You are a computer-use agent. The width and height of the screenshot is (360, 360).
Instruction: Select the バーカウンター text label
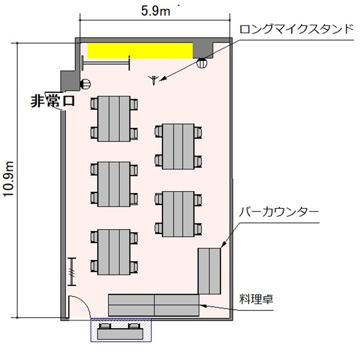pos(278,211)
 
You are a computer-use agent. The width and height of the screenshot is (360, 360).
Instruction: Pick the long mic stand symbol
pos(154,80)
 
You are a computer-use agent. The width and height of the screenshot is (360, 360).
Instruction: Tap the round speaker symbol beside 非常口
pos(85,84)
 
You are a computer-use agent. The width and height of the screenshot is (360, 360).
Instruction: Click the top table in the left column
pos(114,118)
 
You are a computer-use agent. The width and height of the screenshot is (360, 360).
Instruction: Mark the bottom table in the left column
pos(114,251)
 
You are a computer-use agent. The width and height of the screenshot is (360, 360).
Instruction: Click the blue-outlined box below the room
pos(121,330)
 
